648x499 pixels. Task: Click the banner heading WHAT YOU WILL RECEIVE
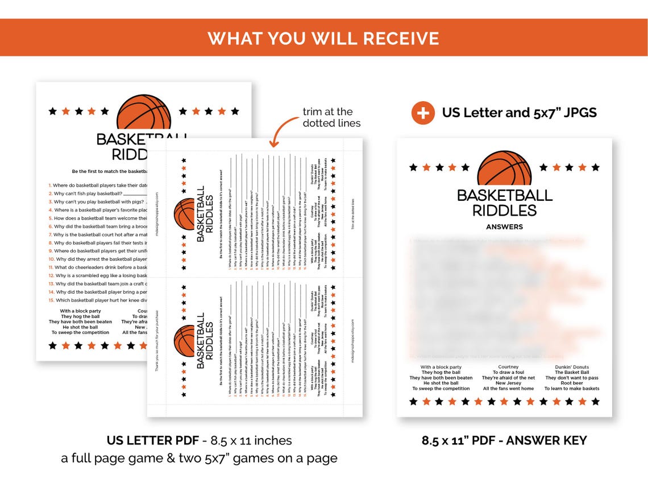click(x=323, y=38)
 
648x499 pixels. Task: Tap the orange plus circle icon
click(x=423, y=113)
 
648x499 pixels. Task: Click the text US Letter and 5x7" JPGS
click(x=519, y=113)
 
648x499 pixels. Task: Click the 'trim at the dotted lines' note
click(x=331, y=117)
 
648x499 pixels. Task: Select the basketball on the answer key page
click(x=504, y=169)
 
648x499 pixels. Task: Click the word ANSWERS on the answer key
click(x=504, y=226)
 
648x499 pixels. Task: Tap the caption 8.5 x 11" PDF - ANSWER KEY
click(x=504, y=440)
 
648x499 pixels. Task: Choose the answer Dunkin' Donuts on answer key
click(x=571, y=367)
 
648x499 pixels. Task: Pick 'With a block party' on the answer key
click(x=441, y=367)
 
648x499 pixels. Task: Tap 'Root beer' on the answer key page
click(x=571, y=383)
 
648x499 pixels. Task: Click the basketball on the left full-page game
click(x=143, y=112)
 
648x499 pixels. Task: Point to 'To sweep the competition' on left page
click(x=80, y=333)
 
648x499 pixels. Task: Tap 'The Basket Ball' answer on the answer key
click(x=571, y=373)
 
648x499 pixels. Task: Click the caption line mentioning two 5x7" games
click(x=199, y=458)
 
